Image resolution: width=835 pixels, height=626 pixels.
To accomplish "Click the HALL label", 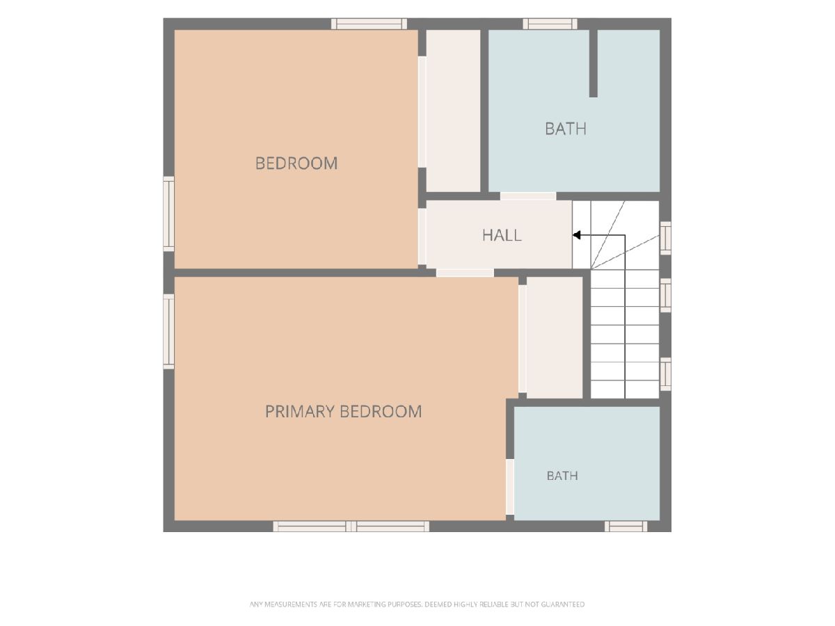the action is pos(502,235).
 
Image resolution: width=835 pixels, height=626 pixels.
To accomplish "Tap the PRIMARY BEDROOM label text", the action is pos(343,412).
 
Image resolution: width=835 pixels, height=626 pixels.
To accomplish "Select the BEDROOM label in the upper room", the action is pos(296,163).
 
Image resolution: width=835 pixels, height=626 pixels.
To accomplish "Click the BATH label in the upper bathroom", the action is pos(565,129).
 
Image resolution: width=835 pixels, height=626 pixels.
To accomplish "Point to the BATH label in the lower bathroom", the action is pos(562,476).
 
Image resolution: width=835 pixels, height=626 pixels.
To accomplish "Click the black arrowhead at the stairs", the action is pos(576,235).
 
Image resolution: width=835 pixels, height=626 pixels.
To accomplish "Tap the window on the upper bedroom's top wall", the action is pos(369,24).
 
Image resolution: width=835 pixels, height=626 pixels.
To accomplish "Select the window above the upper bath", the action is pos(550,24).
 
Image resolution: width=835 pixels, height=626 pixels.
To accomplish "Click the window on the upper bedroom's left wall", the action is pos(169,214).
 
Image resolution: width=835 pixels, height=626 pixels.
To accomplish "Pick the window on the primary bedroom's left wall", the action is pos(169,331).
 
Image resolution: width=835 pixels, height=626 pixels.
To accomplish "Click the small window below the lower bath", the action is pos(626,527).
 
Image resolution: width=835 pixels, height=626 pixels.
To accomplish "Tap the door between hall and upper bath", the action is pos(528,196).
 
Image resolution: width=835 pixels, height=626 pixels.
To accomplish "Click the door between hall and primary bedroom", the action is pos(465,273).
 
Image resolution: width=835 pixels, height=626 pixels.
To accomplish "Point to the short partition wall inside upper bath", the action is pos(594,63).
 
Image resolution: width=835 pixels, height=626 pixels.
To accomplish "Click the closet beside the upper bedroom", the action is pos(453,111).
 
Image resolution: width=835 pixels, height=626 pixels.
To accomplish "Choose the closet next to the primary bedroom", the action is pos(555,337).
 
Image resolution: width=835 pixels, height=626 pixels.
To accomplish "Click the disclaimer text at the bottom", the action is pos(417,604).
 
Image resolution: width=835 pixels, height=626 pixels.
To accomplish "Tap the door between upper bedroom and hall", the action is pos(422,236).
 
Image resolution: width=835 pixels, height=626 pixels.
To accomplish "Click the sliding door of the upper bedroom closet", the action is pos(422,112).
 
